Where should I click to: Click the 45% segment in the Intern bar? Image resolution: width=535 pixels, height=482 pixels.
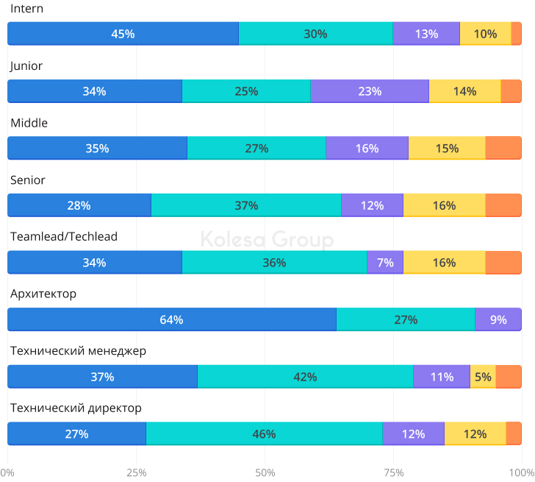point(123,34)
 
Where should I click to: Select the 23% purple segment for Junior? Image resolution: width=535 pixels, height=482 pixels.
point(370,91)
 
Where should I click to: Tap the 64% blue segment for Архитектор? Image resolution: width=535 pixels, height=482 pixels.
point(171,319)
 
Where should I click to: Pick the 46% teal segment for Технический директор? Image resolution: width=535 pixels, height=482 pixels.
point(264,433)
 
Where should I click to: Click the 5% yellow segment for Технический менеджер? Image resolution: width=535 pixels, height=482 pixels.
point(483,377)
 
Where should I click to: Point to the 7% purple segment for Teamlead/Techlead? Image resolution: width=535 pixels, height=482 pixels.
point(385,262)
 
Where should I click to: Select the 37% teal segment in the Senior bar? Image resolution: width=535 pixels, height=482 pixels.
point(246,205)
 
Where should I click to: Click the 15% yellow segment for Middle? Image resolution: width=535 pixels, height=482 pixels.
point(447,148)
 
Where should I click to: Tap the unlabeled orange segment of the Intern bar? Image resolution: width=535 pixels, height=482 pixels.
point(517,34)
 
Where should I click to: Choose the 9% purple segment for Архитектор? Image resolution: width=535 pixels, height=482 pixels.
point(498,319)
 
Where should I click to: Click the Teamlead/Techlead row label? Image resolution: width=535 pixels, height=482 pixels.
point(64,237)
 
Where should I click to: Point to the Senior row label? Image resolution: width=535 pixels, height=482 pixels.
point(28,180)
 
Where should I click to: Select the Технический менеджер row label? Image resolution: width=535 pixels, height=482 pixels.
point(79,351)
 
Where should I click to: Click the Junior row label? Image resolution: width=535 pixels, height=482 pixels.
point(26,65)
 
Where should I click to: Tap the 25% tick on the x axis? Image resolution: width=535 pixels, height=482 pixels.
point(136,472)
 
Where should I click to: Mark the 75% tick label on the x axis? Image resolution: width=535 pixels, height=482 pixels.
point(393,472)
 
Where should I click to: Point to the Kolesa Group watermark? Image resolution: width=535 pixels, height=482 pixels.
point(267,240)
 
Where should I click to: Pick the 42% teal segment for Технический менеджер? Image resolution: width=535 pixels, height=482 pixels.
point(305,377)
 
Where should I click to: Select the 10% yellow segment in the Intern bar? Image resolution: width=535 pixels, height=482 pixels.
point(485,34)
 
